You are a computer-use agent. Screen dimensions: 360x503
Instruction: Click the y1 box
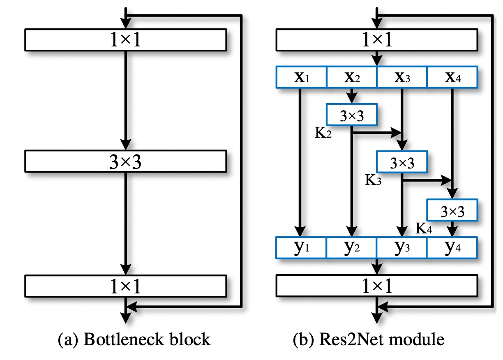pyautogui.click(x=301, y=247)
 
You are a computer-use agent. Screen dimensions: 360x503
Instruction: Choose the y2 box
pyautogui.click(x=351, y=247)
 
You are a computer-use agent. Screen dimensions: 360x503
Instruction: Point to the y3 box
pyautogui.click(x=402, y=247)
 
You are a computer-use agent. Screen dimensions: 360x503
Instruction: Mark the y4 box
pyautogui.click(x=452, y=247)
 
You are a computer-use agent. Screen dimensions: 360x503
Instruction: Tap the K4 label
pyautogui.click(x=424, y=228)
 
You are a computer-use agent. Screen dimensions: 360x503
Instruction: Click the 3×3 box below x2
pyautogui.click(x=351, y=115)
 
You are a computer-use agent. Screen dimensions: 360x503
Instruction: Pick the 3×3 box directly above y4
pyautogui.click(x=452, y=211)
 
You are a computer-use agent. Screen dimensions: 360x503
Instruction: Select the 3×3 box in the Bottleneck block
pyautogui.click(x=126, y=162)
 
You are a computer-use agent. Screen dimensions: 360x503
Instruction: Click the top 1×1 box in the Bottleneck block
pyautogui.click(x=126, y=40)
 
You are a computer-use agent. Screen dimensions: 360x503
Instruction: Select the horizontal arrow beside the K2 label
pyautogui.click(x=376, y=133)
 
